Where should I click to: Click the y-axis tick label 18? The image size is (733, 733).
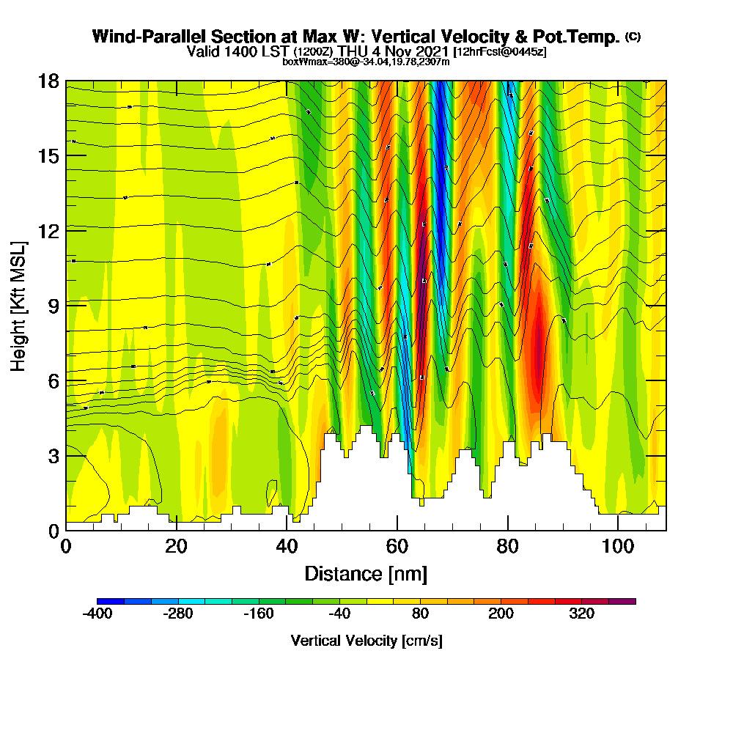(48, 81)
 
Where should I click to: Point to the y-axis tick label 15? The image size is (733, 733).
(48, 156)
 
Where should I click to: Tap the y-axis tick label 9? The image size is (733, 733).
(53, 305)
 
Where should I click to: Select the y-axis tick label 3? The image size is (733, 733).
(53, 455)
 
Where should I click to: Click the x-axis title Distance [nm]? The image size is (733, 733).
(366, 573)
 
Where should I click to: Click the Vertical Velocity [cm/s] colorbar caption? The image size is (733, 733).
(366, 641)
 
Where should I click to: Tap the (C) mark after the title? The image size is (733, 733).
(633, 36)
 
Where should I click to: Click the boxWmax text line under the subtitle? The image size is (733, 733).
(366, 62)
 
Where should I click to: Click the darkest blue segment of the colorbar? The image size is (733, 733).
(111, 601)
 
